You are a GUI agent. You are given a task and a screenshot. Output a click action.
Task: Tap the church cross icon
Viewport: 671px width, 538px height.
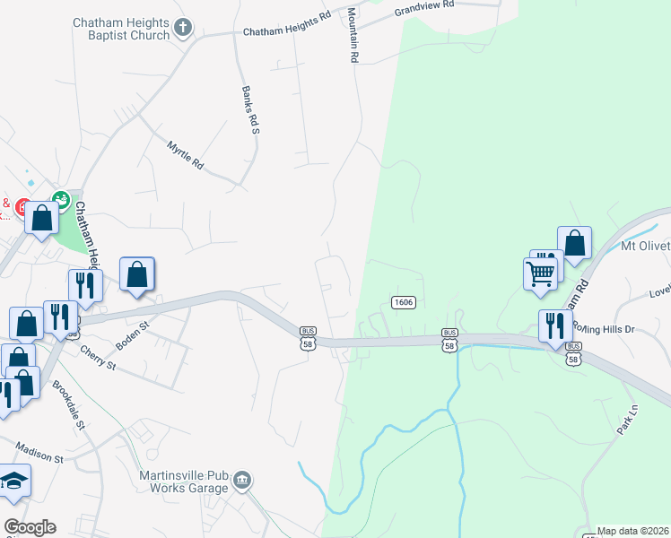coord(183,29)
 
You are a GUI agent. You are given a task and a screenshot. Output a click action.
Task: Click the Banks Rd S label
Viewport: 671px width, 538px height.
coord(249,109)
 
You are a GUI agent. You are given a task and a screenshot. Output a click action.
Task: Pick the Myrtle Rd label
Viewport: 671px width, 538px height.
coord(185,154)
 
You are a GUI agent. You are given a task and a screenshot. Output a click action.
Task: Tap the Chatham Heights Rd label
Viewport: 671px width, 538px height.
coord(287,25)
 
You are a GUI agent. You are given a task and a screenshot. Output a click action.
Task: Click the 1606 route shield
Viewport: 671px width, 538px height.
coord(403,302)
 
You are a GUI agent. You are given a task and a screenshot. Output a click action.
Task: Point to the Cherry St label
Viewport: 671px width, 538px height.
coord(98,358)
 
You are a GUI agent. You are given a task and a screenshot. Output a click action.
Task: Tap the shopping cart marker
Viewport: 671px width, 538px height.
coord(541,273)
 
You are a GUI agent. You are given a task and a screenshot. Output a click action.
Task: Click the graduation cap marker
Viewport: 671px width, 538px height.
coord(13,482)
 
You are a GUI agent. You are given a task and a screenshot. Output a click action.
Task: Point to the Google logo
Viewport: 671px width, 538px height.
coord(29,527)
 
